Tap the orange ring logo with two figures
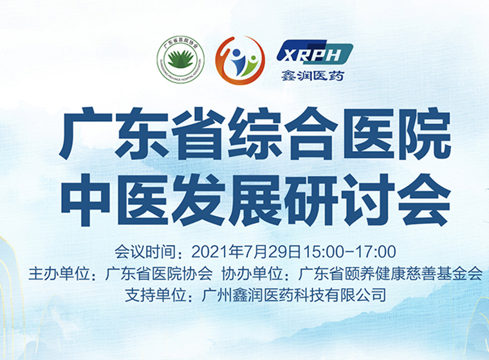pos(240,60)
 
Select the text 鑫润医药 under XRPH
pos(313,75)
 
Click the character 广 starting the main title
pos(86,134)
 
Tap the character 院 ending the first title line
pos(423,134)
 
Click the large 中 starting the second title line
pos(86,199)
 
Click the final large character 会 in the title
pos(424,199)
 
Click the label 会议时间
pos(145,252)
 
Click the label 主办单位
pos(59,274)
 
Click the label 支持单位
pos(155,295)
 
